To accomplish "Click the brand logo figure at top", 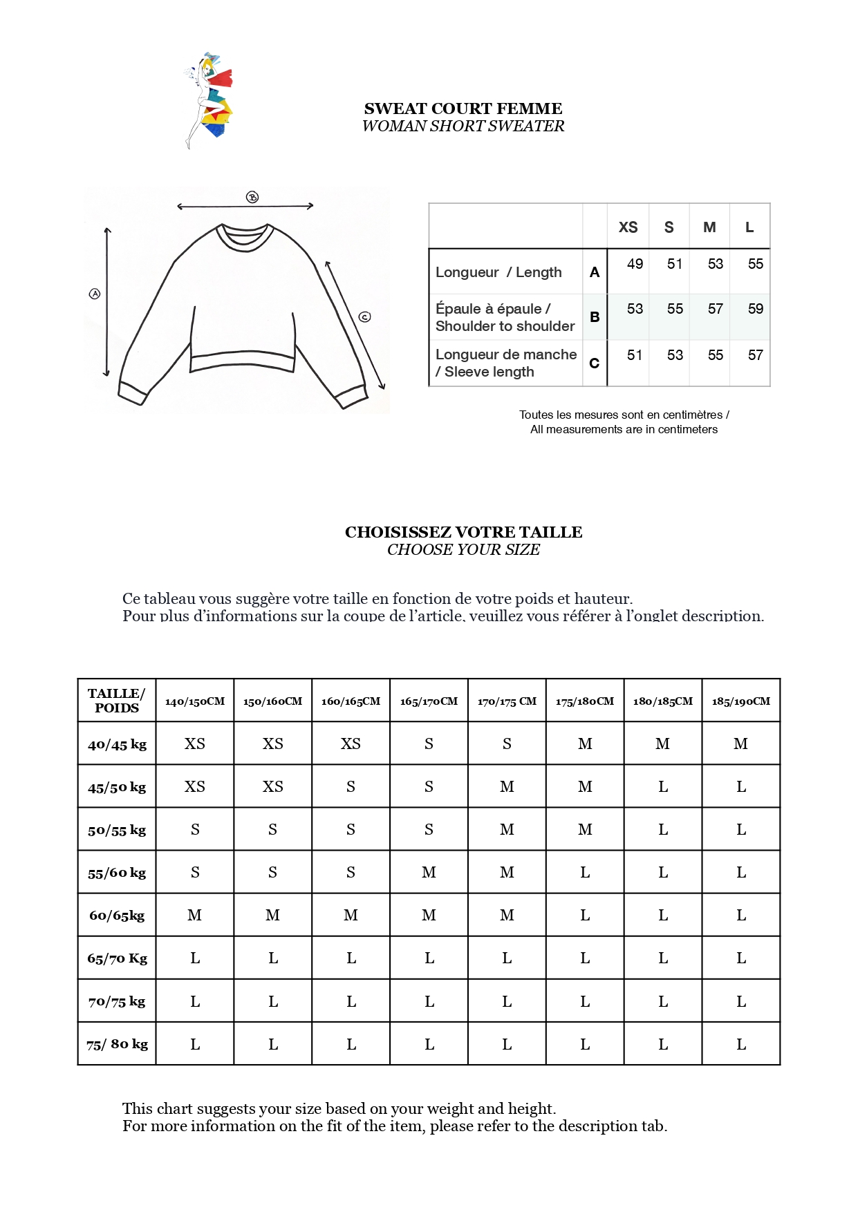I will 209,100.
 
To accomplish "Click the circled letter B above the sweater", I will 252,198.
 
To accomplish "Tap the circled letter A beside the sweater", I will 95,294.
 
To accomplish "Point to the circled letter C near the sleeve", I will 365,317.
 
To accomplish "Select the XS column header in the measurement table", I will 628,227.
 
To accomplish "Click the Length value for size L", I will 755,264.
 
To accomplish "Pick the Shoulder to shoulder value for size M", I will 715,309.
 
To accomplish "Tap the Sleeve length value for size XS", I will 634,355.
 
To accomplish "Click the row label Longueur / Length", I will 498,272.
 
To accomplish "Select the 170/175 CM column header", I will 507,701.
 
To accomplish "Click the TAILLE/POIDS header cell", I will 117,701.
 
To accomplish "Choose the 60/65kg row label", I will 117,916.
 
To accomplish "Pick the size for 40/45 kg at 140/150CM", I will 195,744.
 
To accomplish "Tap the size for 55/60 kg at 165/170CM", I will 429,873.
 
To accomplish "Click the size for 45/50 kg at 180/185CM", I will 663,787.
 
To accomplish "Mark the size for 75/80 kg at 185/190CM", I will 741,1045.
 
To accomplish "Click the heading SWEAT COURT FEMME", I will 463,108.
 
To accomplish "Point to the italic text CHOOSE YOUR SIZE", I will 463,550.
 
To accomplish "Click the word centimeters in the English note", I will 687,430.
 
